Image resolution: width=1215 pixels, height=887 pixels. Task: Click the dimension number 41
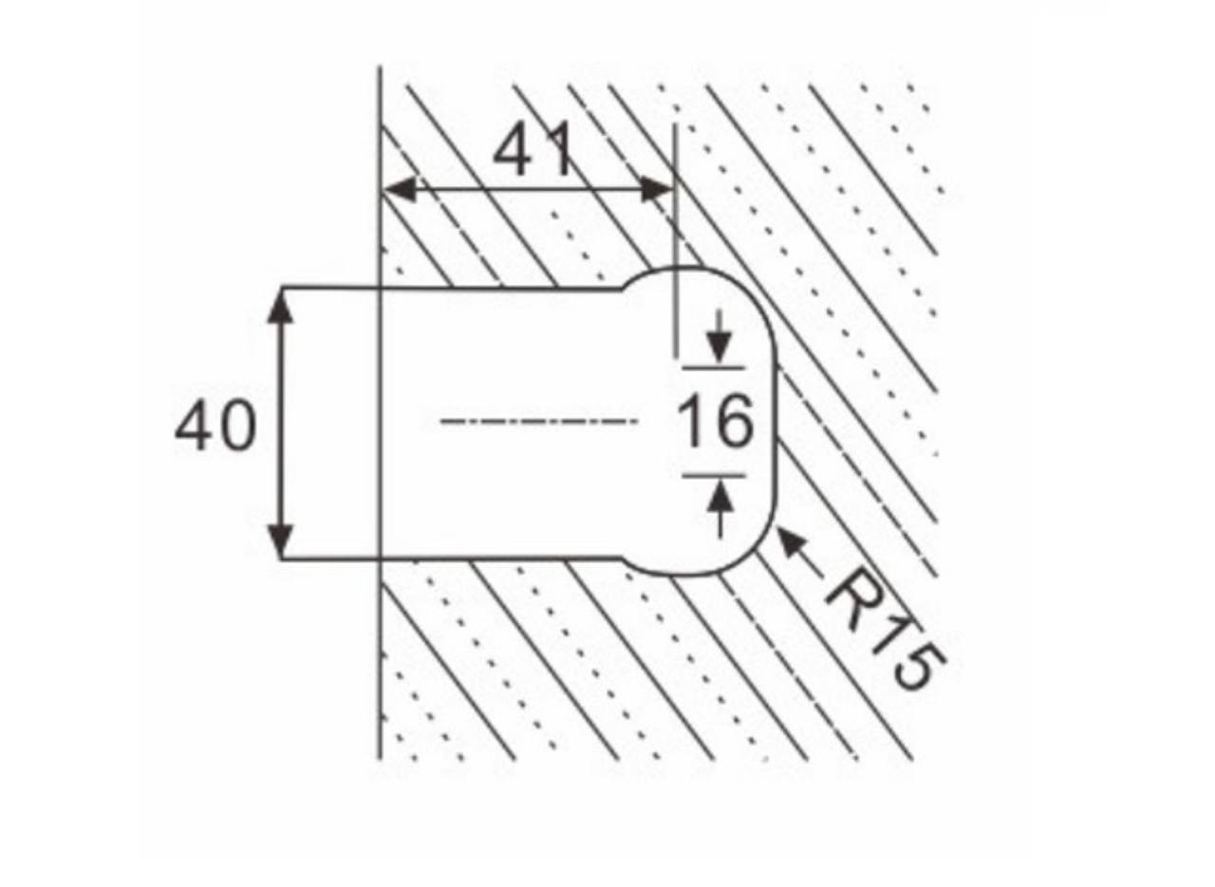533,149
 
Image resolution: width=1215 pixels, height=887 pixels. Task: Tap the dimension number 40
215,425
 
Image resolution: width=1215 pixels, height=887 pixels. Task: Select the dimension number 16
716,422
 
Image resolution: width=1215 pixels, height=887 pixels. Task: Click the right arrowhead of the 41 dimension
656,189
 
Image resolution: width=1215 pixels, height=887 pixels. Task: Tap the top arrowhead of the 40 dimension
280,306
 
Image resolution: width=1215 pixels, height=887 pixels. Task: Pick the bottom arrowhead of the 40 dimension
280,539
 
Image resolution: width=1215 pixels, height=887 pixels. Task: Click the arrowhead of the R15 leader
792,543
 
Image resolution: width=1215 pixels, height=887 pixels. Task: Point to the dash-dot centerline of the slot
540,422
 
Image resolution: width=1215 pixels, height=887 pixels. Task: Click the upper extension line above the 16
713,368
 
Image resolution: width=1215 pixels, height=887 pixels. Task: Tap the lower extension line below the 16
713,476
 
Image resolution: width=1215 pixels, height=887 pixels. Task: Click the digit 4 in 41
514,149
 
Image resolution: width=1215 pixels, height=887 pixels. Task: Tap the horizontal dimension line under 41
528,190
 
